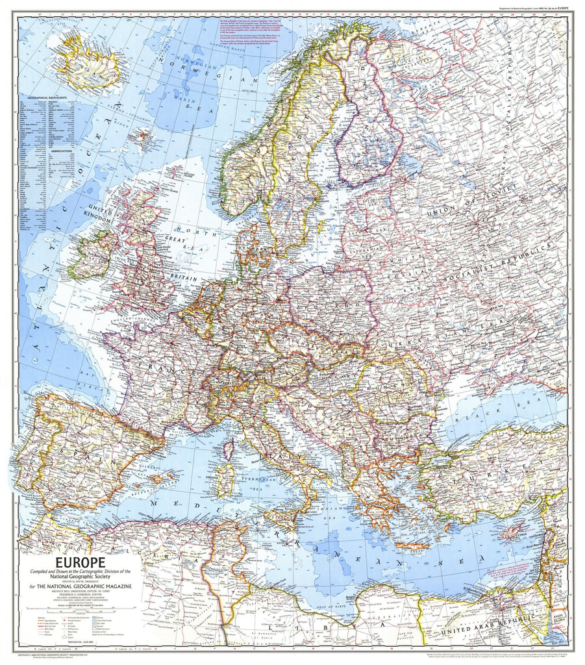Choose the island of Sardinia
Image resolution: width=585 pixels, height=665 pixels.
(225, 479)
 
